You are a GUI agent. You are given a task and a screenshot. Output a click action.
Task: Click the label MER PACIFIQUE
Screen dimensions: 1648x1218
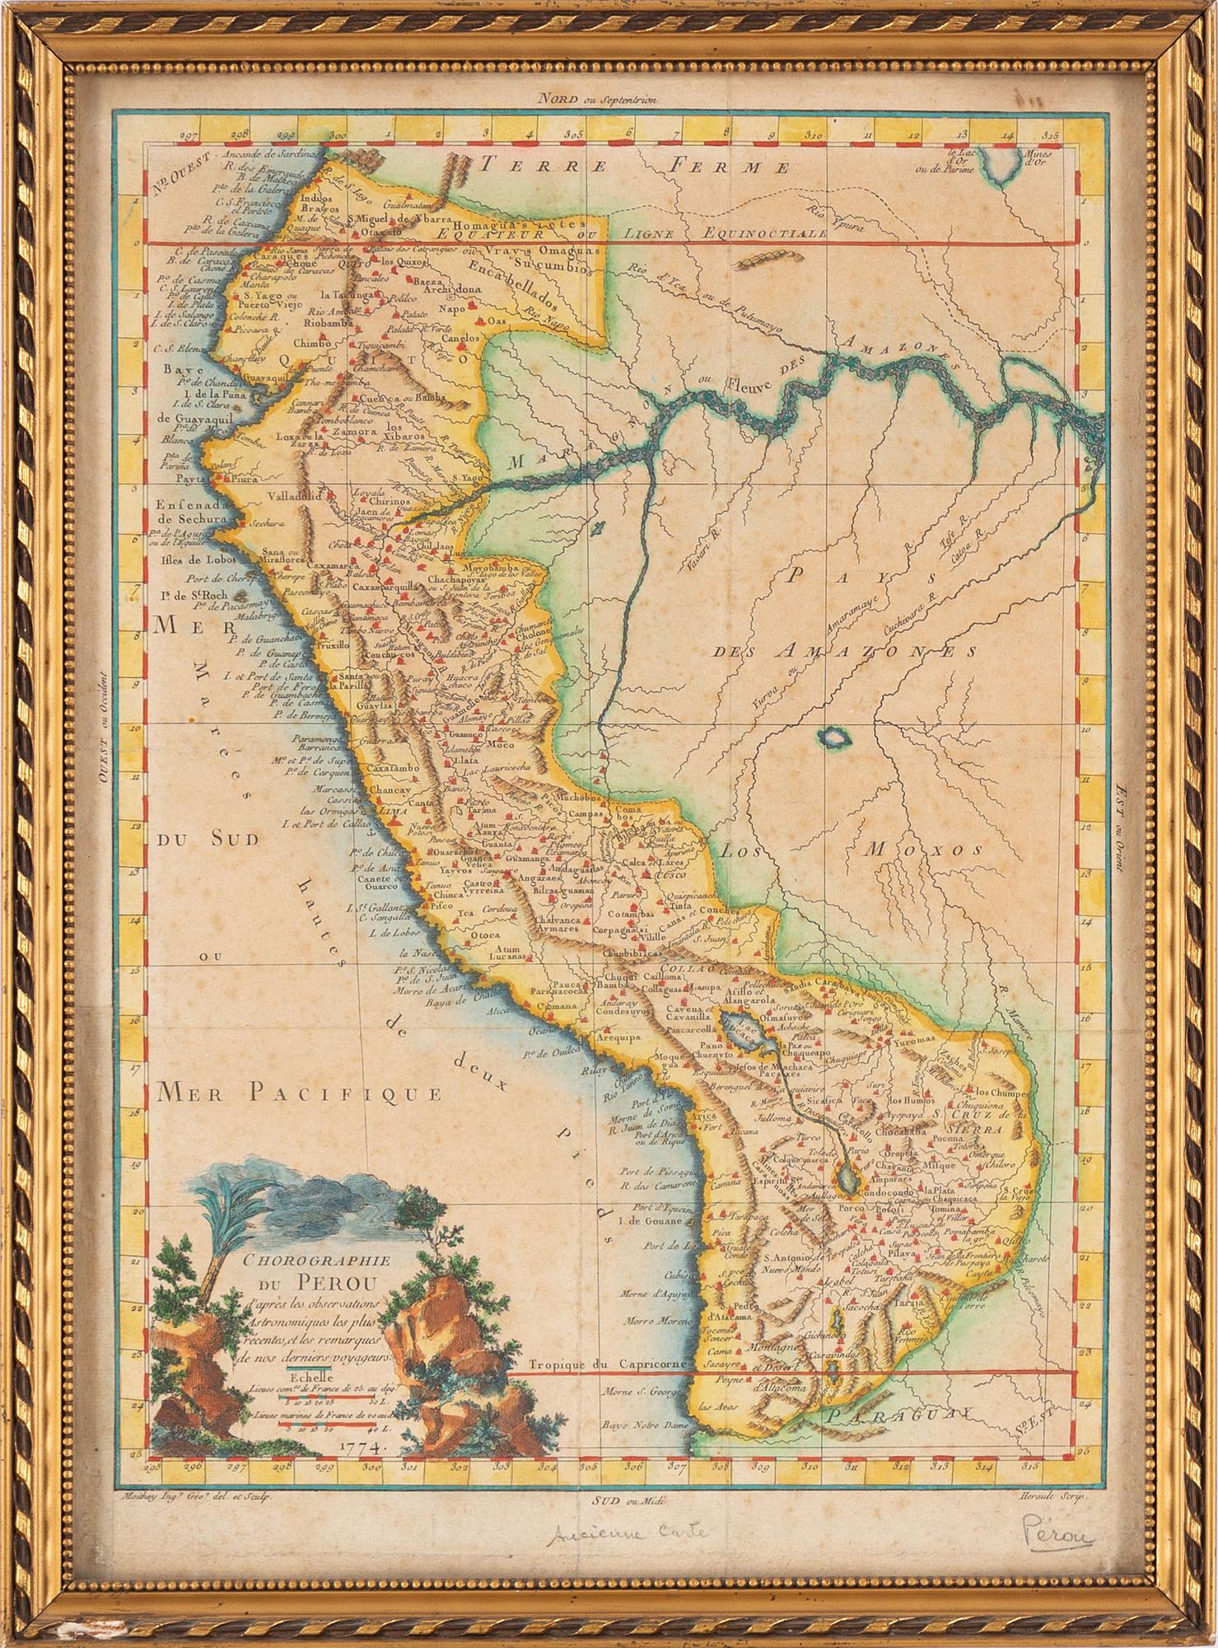pos(297,1093)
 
